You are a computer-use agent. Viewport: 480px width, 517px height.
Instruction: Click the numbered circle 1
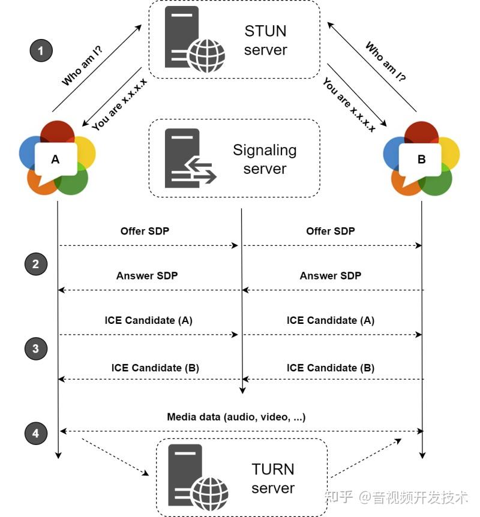41,50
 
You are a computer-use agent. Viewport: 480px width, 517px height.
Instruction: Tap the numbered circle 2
36,264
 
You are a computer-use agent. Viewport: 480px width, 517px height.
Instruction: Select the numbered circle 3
36,348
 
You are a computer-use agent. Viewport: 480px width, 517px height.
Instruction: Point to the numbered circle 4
36,433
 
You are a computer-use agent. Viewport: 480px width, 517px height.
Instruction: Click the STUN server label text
265,40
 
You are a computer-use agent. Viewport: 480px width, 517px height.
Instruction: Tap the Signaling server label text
265,159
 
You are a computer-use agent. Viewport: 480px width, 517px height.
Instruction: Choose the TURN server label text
273,478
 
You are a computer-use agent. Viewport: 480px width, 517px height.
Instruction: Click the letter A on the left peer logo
55,159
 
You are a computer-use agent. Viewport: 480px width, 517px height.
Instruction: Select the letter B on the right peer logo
421,159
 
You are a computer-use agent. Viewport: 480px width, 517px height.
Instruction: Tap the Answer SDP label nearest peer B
331,275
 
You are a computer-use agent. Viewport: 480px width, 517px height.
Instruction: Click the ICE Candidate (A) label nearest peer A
149,320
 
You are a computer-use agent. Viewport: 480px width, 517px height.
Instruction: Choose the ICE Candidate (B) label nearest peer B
331,368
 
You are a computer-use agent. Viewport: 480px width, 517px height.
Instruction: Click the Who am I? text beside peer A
82,65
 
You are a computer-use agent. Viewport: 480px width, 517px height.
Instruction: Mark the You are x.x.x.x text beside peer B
349,104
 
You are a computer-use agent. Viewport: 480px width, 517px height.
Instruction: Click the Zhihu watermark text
396,497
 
